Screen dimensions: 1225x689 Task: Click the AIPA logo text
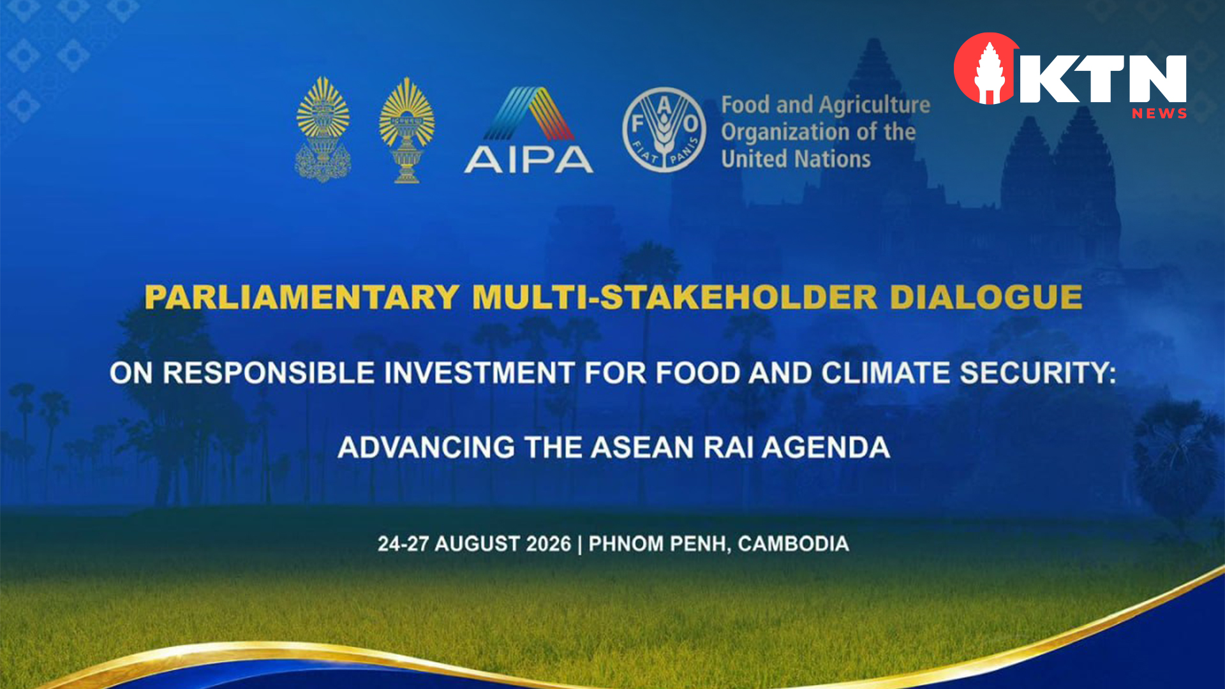pyautogui.click(x=529, y=159)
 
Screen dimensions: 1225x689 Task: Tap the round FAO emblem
pyautogui.click(x=664, y=130)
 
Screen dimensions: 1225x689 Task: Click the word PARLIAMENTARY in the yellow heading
pyautogui.click(x=302, y=297)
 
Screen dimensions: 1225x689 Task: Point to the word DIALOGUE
pyautogui.click(x=986, y=297)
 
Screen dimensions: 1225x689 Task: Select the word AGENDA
pyautogui.click(x=826, y=447)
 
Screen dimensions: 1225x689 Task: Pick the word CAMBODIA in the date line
pyautogui.click(x=794, y=544)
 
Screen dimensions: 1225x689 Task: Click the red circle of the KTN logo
pyautogui.click(x=986, y=69)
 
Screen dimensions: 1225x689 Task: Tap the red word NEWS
pyautogui.click(x=1159, y=114)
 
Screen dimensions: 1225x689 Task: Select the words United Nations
pyautogui.click(x=796, y=159)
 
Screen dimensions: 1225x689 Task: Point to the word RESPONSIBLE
pyautogui.click(x=269, y=373)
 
